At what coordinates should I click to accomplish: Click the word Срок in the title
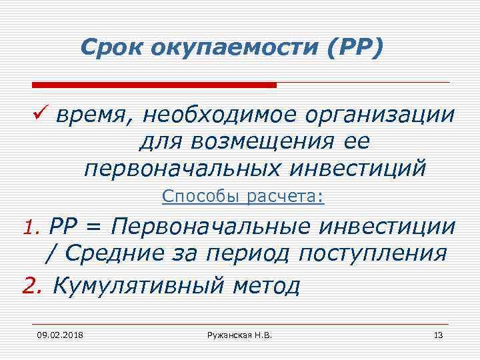(107, 47)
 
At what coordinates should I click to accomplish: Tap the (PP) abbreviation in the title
(352, 47)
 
